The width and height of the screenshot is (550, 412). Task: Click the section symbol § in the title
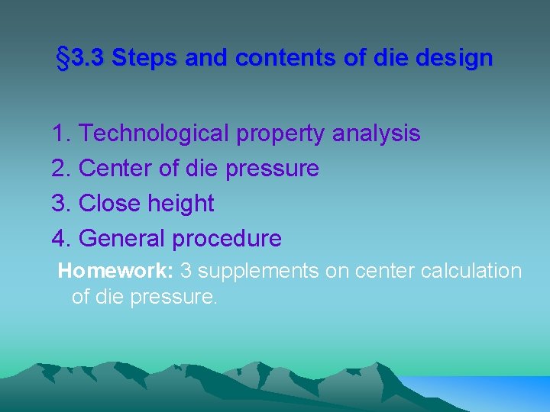[x=64, y=58]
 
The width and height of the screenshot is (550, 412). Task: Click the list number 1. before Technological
[x=62, y=134]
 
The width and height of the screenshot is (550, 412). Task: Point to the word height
[x=181, y=204]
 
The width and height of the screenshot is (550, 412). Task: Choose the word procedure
[x=227, y=239]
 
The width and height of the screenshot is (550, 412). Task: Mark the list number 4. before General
[x=62, y=239]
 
